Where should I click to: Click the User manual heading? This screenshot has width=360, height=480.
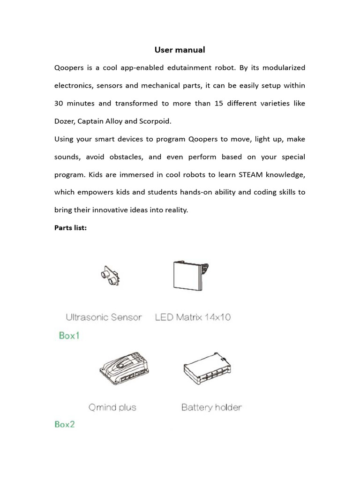pyautogui.click(x=180, y=50)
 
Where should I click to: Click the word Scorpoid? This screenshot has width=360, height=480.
pyautogui.click(x=155, y=121)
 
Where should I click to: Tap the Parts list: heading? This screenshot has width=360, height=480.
pyautogui.click(x=70, y=228)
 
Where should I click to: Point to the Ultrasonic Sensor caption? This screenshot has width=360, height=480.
pyautogui.click(x=104, y=317)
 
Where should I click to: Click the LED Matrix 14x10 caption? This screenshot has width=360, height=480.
pyautogui.click(x=193, y=317)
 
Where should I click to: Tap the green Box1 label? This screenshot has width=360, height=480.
pyautogui.click(x=69, y=336)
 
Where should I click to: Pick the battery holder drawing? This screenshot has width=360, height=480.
pyautogui.click(x=206, y=368)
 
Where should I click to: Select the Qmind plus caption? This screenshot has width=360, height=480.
pyautogui.click(x=112, y=407)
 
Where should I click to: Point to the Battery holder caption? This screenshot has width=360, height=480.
pyautogui.click(x=211, y=407)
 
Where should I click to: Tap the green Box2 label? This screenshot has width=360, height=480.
pyautogui.click(x=65, y=424)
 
